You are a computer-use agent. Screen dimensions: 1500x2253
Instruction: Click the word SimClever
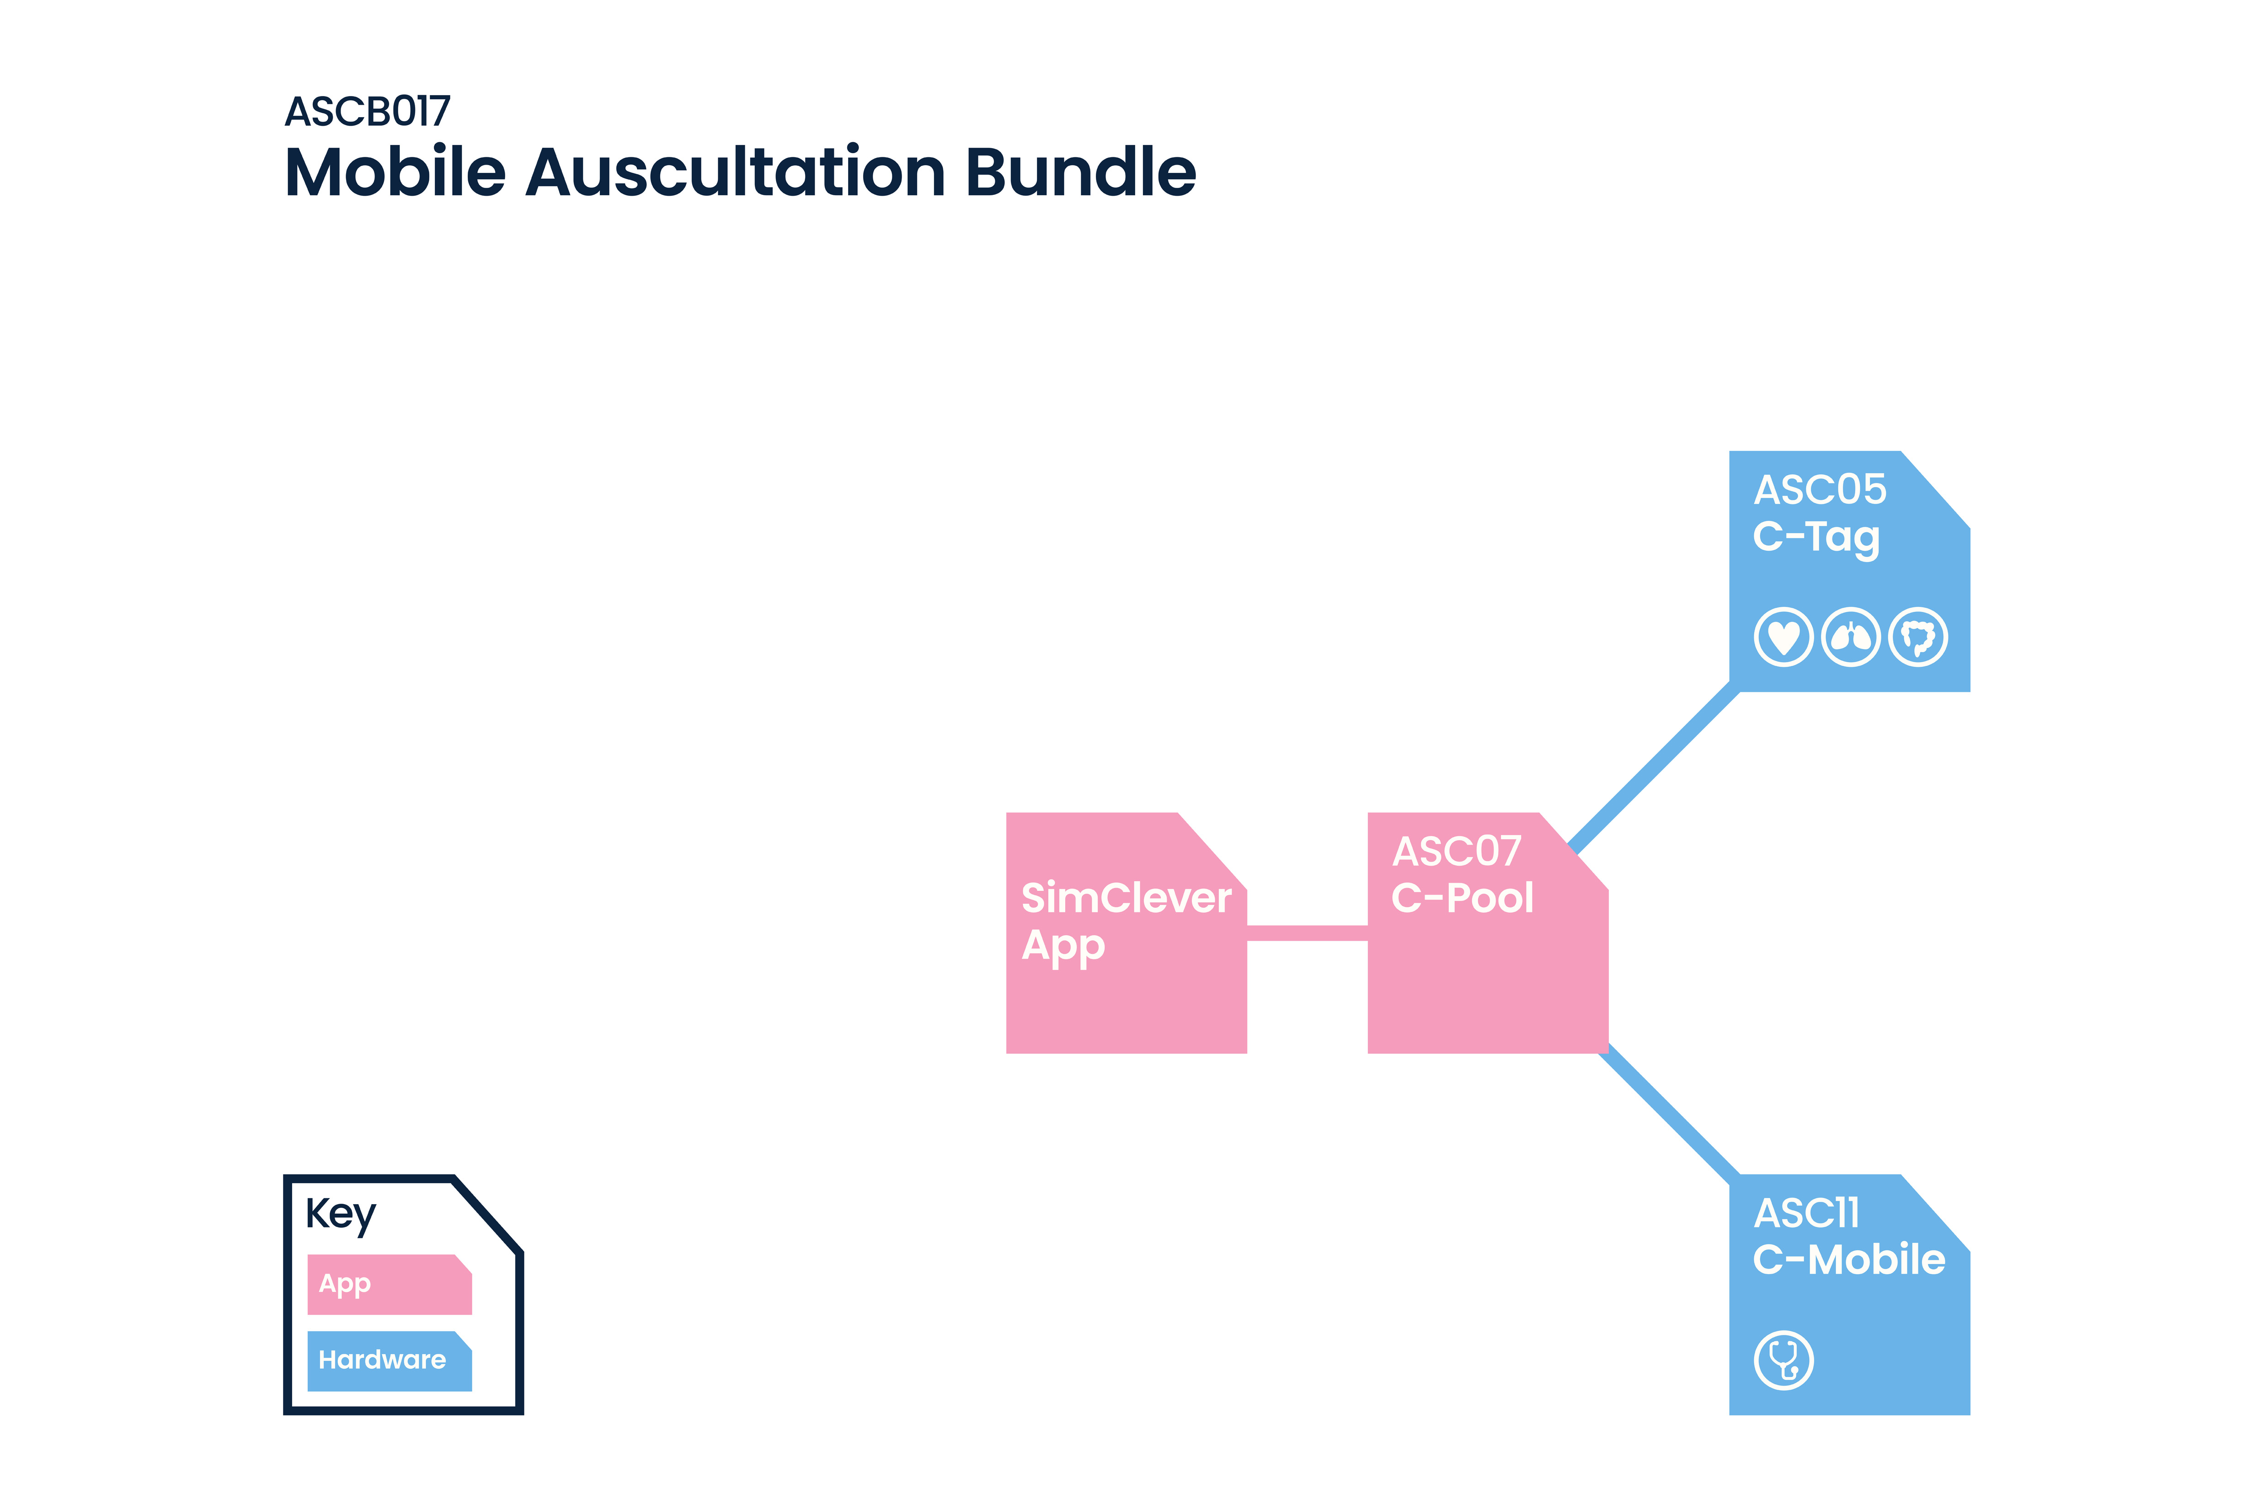pos(1126,898)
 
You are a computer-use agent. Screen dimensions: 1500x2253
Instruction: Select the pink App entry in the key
pos(388,1284)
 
